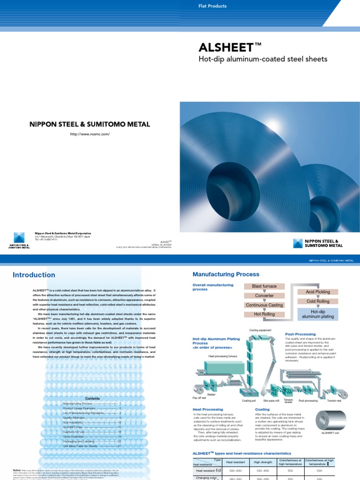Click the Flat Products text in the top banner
click(x=213, y=6)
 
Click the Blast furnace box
click(x=264, y=286)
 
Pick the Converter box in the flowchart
click(x=264, y=296)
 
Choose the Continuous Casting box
click(x=264, y=305)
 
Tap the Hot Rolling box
click(x=264, y=314)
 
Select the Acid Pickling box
click(x=317, y=292)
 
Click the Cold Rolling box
click(x=317, y=301)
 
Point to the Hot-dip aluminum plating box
click(x=317, y=314)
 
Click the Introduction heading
click(x=34, y=275)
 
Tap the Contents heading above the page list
click(x=92, y=398)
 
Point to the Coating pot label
click(x=249, y=401)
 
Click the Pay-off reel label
click(x=199, y=397)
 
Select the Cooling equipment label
click(x=260, y=330)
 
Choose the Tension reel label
click(x=334, y=401)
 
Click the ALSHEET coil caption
click(x=330, y=434)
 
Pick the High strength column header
click(x=262, y=463)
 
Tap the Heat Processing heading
click(x=208, y=409)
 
